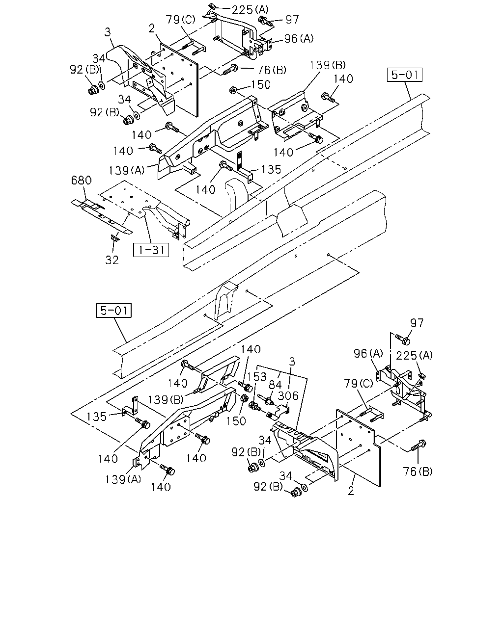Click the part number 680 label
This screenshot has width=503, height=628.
(x=81, y=181)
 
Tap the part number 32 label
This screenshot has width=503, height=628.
(x=112, y=260)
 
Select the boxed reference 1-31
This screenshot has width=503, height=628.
(x=151, y=250)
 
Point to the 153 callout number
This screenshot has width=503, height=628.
(x=257, y=377)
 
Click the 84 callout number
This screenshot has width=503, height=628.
(x=275, y=385)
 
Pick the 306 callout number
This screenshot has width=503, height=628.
(x=288, y=396)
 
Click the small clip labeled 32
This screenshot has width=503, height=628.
(x=115, y=238)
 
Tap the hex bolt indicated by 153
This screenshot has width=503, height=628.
(x=253, y=406)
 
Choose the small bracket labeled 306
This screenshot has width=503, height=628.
(x=282, y=411)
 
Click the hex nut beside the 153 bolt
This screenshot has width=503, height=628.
(x=245, y=398)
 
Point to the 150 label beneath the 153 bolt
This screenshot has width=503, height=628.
(x=236, y=421)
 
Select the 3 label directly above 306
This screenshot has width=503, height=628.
(x=292, y=362)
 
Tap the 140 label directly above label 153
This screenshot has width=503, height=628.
(x=251, y=349)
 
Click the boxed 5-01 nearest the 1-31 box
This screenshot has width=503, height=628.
(x=113, y=311)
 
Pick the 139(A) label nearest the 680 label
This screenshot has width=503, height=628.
(x=127, y=170)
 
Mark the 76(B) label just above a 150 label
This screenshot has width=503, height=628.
(x=272, y=70)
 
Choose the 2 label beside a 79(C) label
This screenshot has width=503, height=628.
(x=151, y=28)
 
